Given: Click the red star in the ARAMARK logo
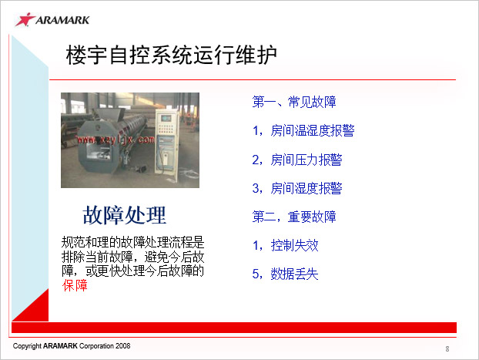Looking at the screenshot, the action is [25, 19].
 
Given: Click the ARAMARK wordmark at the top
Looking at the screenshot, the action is [62, 20].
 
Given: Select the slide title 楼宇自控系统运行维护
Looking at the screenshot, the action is [172, 55].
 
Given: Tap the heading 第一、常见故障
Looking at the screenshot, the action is [294, 102].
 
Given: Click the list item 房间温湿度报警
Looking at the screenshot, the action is [312, 130].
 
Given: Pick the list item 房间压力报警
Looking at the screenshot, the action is [306, 160].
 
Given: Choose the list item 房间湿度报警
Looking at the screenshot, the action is [306, 188].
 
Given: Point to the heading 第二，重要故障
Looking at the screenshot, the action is [294, 217].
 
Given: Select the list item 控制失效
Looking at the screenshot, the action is [294, 245].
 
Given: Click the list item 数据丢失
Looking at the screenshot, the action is [294, 274].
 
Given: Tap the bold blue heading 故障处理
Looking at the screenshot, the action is [124, 215].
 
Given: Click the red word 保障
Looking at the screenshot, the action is [75, 285].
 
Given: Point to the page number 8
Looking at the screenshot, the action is [447, 348].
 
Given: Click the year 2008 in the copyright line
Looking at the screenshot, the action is [122, 346].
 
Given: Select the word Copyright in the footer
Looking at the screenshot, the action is [27, 346].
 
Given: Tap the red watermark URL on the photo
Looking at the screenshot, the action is [116, 140].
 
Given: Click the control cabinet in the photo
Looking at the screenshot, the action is [166, 142].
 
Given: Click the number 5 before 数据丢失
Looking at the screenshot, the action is [256, 274].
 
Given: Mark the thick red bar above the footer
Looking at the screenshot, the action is [234, 328].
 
